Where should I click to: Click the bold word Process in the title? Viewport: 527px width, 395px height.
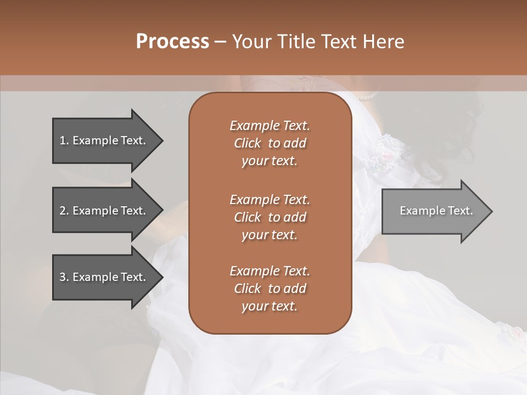coord(172,42)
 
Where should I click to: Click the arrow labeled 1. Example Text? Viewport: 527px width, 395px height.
coord(104,140)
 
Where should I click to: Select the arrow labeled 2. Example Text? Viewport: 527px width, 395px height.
coord(104,211)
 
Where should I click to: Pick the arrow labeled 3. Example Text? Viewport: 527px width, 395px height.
coord(104,277)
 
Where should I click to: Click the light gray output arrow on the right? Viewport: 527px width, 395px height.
coord(434,211)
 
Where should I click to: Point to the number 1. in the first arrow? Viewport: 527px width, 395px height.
coord(64,140)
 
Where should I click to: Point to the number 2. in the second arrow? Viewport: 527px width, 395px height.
coord(64,211)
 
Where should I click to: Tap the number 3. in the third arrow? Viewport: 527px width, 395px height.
coord(64,277)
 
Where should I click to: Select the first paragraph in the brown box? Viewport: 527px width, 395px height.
coord(270,143)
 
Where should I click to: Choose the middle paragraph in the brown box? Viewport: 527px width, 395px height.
coord(270,217)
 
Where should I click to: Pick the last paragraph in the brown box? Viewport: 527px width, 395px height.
coord(270,289)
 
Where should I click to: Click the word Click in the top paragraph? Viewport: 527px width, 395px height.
coord(248,143)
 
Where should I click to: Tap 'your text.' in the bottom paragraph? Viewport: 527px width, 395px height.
coord(270,306)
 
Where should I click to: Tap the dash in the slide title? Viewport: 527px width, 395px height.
coord(221,42)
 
